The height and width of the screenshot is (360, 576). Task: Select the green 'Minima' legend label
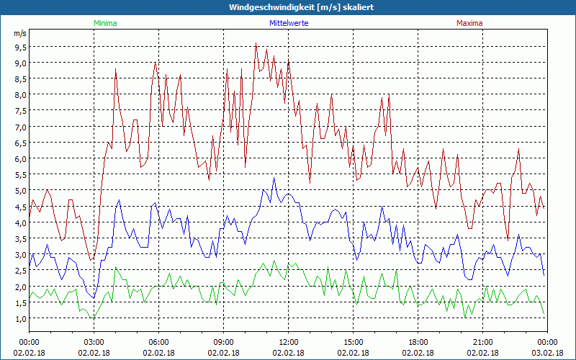tap(105, 23)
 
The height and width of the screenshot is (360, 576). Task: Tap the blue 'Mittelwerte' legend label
tap(288, 23)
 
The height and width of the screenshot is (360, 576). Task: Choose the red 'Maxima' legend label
tap(469, 23)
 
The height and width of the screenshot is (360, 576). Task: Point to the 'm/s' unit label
tap(19, 34)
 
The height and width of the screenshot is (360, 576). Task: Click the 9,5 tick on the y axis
tap(19, 47)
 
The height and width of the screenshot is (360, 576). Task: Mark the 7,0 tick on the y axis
tap(19, 127)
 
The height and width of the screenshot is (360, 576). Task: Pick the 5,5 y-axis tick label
tap(19, 175)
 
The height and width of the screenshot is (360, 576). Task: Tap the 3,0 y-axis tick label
tap(19, 255)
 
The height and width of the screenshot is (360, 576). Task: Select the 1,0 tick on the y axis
tap(19, 318)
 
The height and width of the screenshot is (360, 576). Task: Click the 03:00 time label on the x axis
tap(94, 342)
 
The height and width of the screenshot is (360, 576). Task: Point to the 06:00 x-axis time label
tap(158, 342)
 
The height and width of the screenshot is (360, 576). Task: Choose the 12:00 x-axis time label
tap(288, 342)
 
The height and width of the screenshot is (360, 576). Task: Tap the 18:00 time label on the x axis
tap(418, 342)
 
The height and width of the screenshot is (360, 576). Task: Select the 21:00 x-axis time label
tap(482, 342)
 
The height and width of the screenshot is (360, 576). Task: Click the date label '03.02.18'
tap(547, 353)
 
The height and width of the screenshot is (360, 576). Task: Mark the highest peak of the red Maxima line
tap(256, 44)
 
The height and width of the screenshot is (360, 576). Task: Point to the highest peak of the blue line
tap(274, 178)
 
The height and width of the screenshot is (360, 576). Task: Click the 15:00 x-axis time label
tap(353, 342)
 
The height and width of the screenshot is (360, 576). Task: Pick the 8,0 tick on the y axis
tap(19, 95)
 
